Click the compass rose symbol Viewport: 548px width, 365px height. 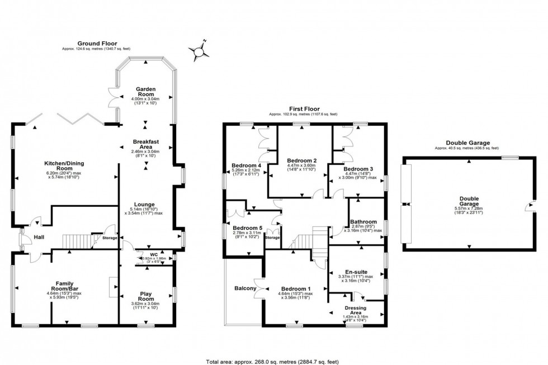198,53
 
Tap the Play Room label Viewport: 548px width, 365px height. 147,296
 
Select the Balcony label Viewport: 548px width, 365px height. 245,288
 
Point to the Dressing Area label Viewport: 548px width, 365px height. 355,310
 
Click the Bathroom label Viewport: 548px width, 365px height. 363,222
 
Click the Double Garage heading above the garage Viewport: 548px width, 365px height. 469,143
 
